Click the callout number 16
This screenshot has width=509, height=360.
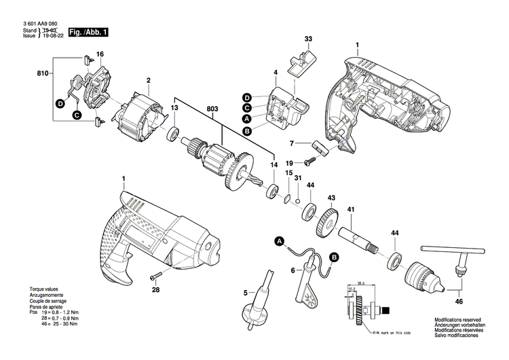click(x=100, y=54)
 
